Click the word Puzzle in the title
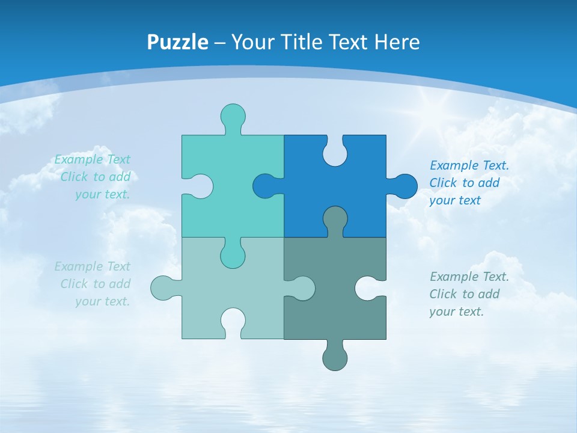click(x=177, y=42)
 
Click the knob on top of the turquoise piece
click(x=233, y=115)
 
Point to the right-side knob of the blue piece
click(x=405, y=186)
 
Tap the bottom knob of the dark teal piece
click(x=335, y=357)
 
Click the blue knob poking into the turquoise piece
click(x=265, y=186)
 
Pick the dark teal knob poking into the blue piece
click(x=335, y=218)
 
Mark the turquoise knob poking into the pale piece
click(x=233, y=256)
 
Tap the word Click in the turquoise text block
click(x=75, y=177)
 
